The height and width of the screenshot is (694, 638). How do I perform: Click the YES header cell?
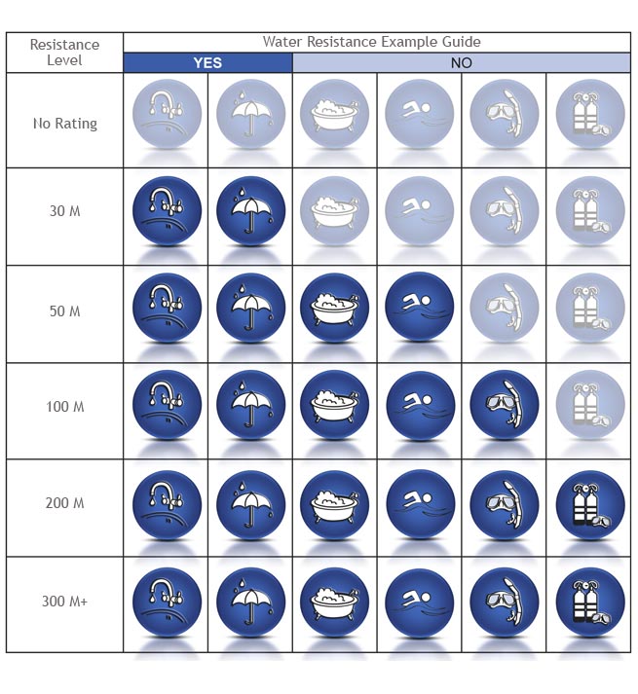207,63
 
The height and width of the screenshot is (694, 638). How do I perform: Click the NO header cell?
461,63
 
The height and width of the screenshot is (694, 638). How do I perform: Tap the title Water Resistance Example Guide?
371,42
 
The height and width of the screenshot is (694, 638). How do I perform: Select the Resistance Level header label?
64,53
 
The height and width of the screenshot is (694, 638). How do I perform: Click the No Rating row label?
64,124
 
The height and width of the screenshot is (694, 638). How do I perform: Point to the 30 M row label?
64,210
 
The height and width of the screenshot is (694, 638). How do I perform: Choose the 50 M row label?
64,311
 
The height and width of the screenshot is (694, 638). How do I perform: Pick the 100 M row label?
64,406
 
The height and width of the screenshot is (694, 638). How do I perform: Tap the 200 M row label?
64,503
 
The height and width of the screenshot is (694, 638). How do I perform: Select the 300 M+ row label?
64,602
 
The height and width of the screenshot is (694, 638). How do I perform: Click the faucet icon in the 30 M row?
167,209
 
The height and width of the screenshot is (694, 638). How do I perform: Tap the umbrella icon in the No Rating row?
250,113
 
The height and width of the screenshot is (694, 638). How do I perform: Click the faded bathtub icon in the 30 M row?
335,209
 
